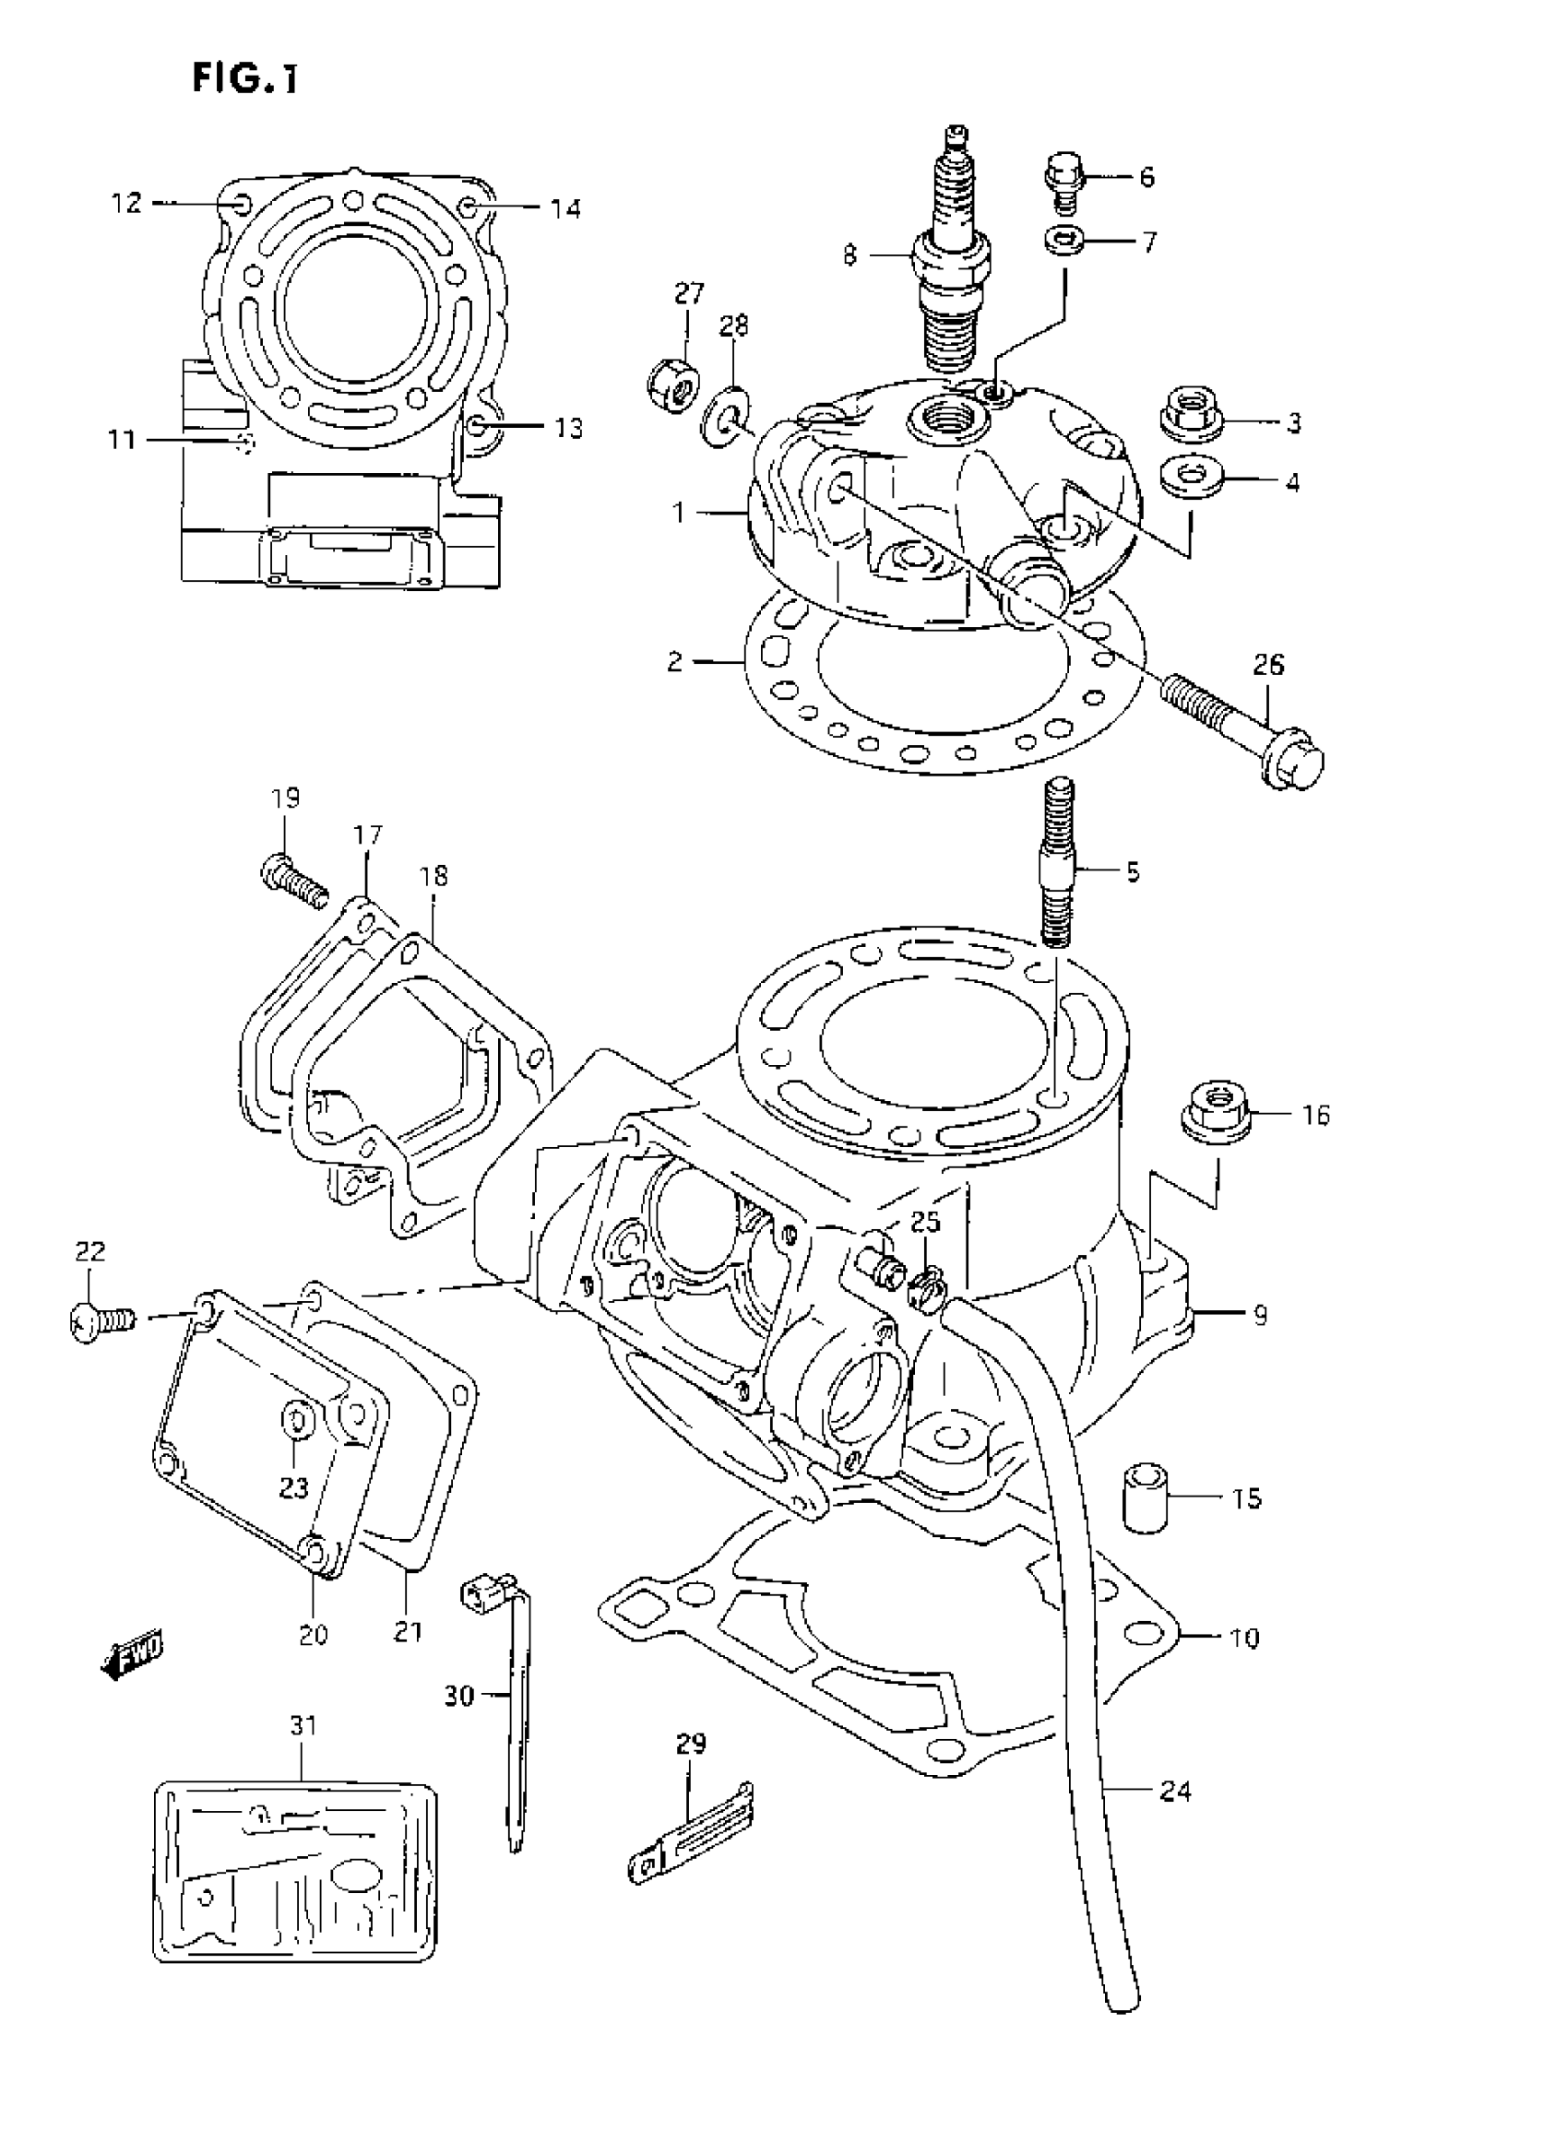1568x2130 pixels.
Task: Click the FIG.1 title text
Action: point(244,77)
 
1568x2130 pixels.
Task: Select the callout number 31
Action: point(303,1725)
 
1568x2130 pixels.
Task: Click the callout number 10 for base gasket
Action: point(1243,1638)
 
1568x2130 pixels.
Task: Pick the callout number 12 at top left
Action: point(125,202)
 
